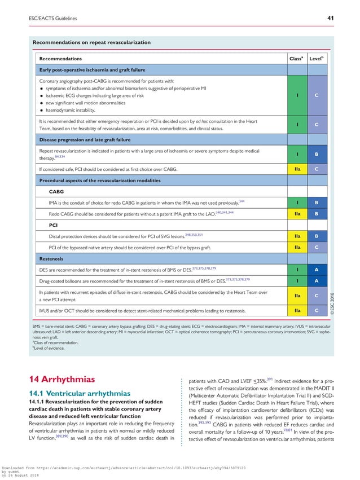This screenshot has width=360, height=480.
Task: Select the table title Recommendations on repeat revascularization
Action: coord(91,42)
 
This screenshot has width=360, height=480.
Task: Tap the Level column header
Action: coord(315,58)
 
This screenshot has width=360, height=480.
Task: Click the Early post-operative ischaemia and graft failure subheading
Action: coord(92,70)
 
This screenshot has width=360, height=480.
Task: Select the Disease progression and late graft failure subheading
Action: coord(85,139)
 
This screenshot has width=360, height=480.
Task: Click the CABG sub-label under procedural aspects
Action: coord(56,191)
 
